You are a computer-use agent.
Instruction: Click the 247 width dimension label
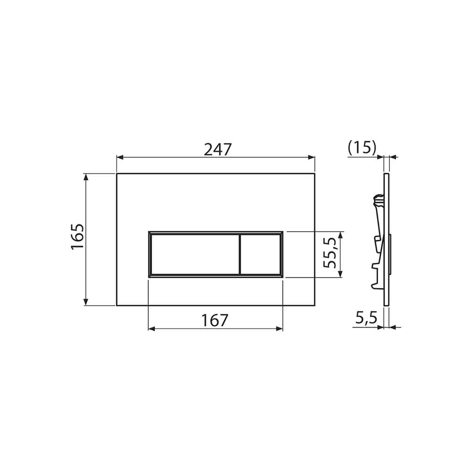pos(218,149)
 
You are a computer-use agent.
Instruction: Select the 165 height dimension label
pos(77,237)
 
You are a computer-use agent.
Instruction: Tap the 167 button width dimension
pos(215,320)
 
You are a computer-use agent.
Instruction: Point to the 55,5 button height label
pos(331,253)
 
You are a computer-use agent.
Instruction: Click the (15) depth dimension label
pos(362,148)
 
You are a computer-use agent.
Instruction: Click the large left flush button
pos(194,254)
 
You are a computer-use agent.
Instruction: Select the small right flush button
pos(261,254)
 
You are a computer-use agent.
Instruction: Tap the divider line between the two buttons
pos(240,254)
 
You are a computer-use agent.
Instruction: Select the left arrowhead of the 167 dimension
pos(152,328)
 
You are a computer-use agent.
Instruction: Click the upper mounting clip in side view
pos(378,202)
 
